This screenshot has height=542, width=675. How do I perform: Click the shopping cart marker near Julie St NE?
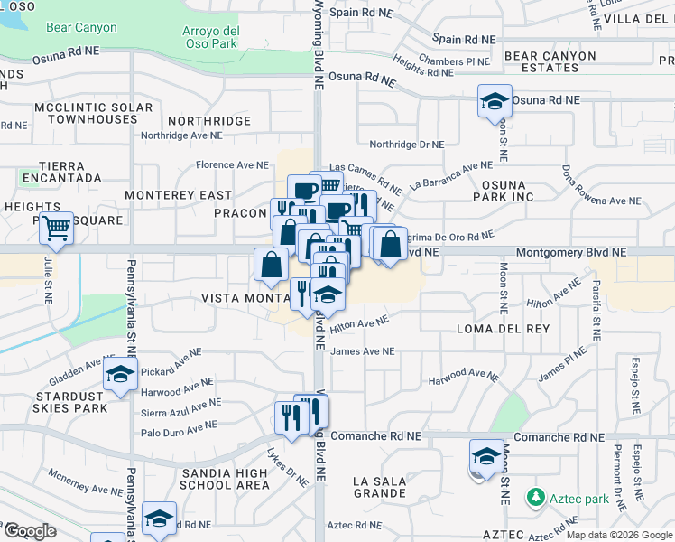point(56,229)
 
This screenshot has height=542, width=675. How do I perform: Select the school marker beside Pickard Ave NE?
point(119,377)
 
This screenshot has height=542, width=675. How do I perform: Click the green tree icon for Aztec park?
point(535,498)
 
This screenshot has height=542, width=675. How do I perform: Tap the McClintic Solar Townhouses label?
point(94,113)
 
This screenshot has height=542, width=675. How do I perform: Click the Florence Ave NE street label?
point(233,165)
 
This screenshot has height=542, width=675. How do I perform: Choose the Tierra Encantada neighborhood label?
point(62,172)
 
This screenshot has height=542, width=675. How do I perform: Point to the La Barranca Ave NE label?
point(450,174)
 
